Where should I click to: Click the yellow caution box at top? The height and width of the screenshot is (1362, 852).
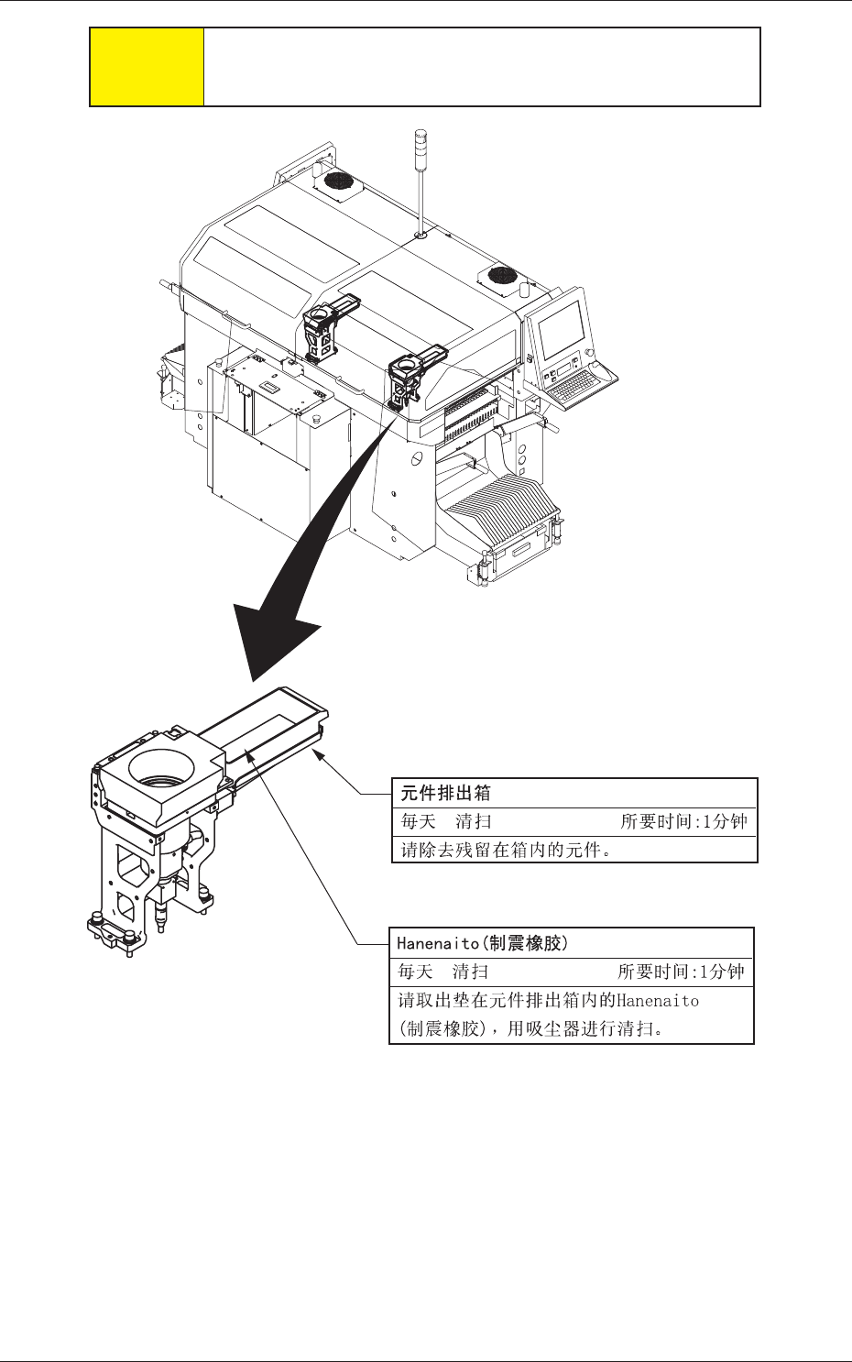click(x=147, y=67)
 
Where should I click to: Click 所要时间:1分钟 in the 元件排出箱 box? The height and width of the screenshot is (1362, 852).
click(x=683, y=822)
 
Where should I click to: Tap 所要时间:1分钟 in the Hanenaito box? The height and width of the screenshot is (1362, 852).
click(x=681, y=972)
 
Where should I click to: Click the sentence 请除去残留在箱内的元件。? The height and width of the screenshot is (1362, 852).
click(x=507, y=850)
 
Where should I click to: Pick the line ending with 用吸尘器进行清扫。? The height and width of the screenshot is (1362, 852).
click(x=530, y=1028)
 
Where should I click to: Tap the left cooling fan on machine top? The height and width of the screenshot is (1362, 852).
click(x=339, y=181)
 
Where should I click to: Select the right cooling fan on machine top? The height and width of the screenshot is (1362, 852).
click(x=503, y=275)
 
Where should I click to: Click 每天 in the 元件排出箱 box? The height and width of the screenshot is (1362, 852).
click(x=418, y=822)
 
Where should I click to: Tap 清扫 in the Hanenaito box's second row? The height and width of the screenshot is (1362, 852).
click(x=470, y=972)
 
